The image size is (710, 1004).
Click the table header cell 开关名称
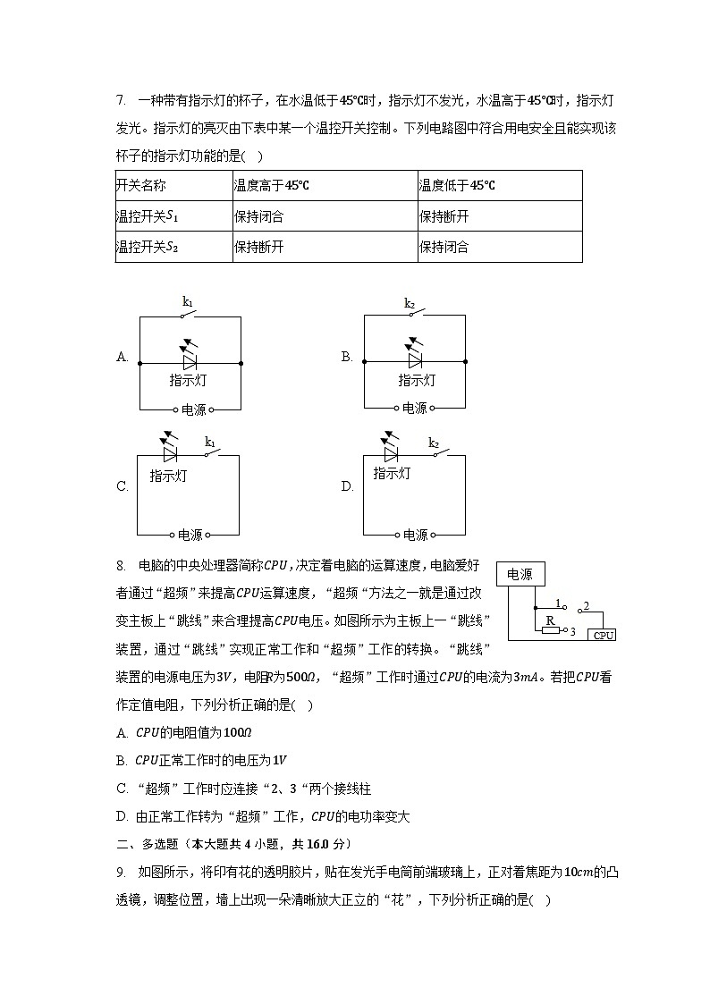tap(141, 186)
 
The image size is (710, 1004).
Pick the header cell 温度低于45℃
tap(457, 186)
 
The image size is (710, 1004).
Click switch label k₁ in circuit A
tap(188, 303)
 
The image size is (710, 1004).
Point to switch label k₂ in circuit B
tap(410, 303)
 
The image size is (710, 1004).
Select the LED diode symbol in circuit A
tap(189, 360)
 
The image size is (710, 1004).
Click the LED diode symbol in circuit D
tap(391, 453)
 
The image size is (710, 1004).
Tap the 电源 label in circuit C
tap(190, 535)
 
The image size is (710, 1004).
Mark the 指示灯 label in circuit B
tap(417, 381)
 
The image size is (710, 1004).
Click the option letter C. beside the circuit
tap(123, 487)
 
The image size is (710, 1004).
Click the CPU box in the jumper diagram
tap(603, 635)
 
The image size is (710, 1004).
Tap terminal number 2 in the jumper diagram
tap(586, 607)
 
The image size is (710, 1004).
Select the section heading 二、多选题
tap(147, 844)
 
